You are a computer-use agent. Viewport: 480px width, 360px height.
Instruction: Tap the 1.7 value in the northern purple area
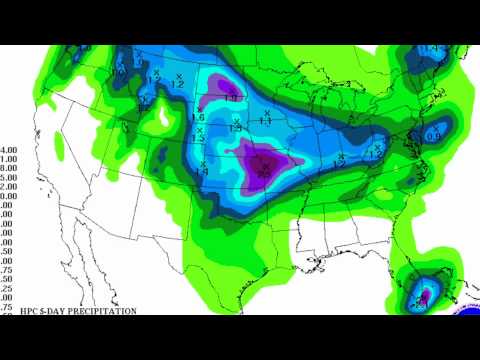(x=232, y=98)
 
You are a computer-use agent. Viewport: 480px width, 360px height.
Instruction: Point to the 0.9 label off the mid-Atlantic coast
(x=435, y=136)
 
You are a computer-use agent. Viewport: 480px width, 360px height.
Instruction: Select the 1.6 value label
(x=196, y=117)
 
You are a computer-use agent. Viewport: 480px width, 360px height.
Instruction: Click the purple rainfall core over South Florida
(x=424, y=296)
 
